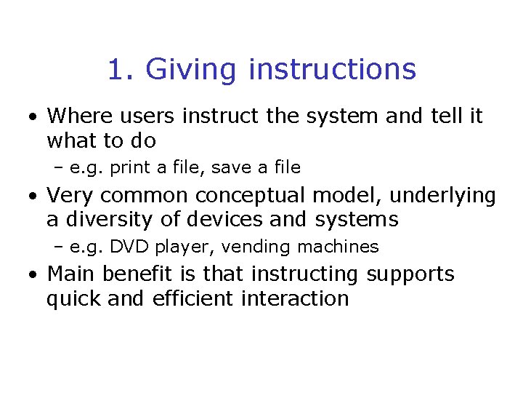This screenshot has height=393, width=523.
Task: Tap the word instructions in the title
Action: pos(332,71)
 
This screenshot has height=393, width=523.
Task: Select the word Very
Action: pos(70,196)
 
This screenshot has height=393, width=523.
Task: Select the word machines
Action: pos(337,247)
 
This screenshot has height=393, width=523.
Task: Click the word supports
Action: pos(410,275)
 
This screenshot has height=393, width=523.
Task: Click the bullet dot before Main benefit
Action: pos(33,276)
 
